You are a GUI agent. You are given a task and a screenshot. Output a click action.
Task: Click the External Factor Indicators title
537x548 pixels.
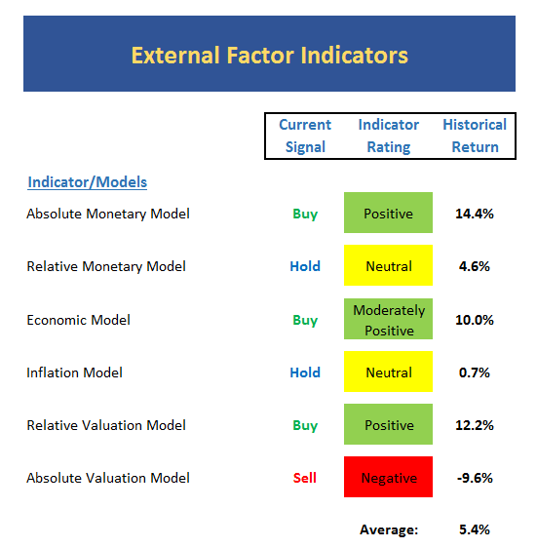pyautogui.click(x=269, y=56)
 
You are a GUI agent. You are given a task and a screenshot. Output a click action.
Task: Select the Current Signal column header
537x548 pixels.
pyautogui.click(x=305, y=136)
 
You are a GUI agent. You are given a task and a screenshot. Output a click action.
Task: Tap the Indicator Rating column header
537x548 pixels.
pyautogui.click(x=389, y=136)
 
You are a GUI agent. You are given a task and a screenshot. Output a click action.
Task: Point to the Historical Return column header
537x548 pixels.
pyautogui.click(x=475, y=136)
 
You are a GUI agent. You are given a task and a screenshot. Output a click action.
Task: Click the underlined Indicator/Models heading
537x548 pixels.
pyautogui.click(x=88, y=182)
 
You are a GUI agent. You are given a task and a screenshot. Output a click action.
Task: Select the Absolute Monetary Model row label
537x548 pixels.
pyautogui.click(x=108, y=214)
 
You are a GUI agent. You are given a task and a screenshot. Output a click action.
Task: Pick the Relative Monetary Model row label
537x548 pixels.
pyautogui.click(x=106, y=266)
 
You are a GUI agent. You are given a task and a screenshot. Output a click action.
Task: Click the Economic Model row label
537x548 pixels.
pyautogui.click(x=79, y=320)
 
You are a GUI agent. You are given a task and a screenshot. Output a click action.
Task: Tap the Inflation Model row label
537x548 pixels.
pyautogui.click(x=74, y=372)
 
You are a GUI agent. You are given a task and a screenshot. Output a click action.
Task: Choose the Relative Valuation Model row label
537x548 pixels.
pyautogui.click(x=106, y=425)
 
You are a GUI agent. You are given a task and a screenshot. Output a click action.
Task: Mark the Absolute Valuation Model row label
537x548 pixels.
pyautogui.click(x=108, y=478)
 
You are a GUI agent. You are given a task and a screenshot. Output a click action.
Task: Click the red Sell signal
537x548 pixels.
pyautogui.click(x=305, y=478)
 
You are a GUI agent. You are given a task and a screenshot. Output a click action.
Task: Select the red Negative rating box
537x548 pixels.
pyautogui.click(x=388, y=477)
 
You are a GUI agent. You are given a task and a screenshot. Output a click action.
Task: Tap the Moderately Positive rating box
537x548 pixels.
pyautogui.click(x=388, y=319)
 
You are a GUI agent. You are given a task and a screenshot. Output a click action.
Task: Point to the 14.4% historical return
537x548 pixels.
pyautogui.click(x=475, y=214)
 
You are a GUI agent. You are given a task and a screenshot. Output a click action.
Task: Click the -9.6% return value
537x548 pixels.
pyautogui.click(x=475, y=478)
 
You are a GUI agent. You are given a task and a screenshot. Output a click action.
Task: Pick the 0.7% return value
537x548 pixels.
pyautogui.click(x=475, y=372)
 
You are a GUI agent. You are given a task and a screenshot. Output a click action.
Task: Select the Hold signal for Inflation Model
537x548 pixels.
pyautogui.click(x=305, y=372)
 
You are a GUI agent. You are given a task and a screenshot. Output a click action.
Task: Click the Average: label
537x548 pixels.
pyautogui.click(x=389, y=529)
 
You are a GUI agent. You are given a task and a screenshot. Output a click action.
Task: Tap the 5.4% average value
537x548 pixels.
pyautogui.click(x=475, y=529)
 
